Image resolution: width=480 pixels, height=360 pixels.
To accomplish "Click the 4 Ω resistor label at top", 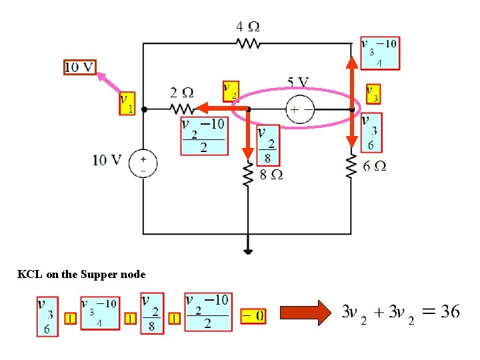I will click(248, 27).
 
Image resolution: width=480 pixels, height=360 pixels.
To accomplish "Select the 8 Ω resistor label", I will click(271, 175).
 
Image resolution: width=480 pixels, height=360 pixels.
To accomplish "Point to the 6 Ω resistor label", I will click(375, 166).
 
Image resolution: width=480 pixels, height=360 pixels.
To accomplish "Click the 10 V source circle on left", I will click(143, 163).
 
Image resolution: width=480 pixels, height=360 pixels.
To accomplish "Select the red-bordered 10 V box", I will click(80, 67).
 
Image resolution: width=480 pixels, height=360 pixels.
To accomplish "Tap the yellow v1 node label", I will click(127, 103).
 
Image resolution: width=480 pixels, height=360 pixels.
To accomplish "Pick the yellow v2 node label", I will click(230, 91).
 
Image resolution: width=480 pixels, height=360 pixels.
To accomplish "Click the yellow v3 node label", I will click(373, 94).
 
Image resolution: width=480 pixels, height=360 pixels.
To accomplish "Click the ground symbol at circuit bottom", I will click(248, 251).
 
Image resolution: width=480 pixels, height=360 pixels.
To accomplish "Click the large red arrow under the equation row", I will click(305, 312).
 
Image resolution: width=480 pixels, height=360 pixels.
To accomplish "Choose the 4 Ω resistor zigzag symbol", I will click(248, 44).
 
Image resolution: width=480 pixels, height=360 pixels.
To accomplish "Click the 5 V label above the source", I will click(298, 83).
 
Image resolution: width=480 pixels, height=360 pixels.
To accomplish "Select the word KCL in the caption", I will click(29, 275).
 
